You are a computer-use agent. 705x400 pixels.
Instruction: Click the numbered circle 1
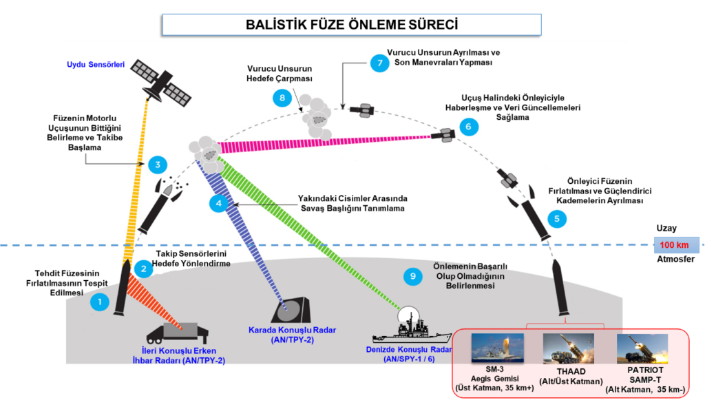pyautogui.click(x=100, y=302)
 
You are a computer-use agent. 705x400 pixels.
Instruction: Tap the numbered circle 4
pyautogui.click(x=219, y=203)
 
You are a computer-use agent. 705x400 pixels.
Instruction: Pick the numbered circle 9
pyautogui.click(x=412, y=277)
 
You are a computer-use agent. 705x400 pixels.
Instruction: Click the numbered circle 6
pyautogui.click(x=468, y=127)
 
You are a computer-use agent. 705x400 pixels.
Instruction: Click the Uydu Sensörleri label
pyautogui.click(x=95, y=65)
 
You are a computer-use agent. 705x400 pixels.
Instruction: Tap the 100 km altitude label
pyautogui.click(x=675, y=244)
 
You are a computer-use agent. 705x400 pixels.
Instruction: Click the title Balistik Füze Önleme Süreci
pyautogui.click(x=352, y=25)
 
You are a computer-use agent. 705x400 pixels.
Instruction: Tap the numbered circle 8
pyautogui.click(x=282, y=98)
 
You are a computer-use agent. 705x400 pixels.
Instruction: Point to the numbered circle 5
pyautogui.click(x=557, y=219)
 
